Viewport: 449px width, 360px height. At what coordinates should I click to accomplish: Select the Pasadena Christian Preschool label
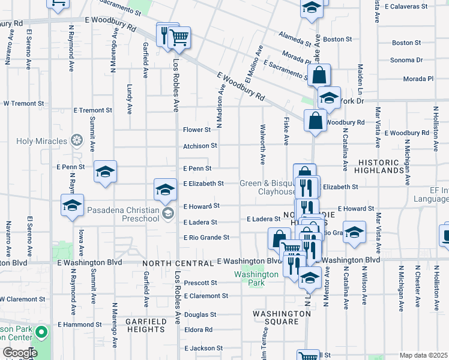pyautogui.click(x=123, y=214)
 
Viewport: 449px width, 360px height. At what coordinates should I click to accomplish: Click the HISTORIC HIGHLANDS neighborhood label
pyautogui.click(x=388, y=167)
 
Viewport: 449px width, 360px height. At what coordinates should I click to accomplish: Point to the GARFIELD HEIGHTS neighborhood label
pyautogui.click(x=145, y=326)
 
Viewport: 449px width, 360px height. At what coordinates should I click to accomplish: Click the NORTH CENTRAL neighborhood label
pyautogui.click(x=178, y=263)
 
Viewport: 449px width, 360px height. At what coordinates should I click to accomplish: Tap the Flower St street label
pyautogui.click(x=197, y=130)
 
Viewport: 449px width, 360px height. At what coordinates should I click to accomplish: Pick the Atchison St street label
pyautogui.click(x=200, y=146)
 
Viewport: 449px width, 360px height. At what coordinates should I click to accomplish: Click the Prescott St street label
pyautogui.click(x=200, y=283)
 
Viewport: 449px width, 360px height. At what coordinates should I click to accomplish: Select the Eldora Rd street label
pyautogui.click(x=198, y=329)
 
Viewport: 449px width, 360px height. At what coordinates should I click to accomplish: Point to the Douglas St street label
pyautogui.click(x=200, y=314)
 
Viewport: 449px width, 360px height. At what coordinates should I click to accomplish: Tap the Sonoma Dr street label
pyautogui.click(x=407, y=60)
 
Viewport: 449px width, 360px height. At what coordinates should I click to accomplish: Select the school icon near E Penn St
pyautogui.click(x=105, y=172)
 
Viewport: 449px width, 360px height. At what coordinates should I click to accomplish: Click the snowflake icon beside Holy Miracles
pyautogui.click(x=76, y=141)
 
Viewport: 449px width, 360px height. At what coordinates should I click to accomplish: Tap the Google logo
pyautogui.click(x=20, y=353)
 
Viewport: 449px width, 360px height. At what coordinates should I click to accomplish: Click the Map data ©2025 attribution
pyautogui.click(x=424, y=355)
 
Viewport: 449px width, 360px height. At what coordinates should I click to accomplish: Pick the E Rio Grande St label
pyautogui.click(x=206, y=238)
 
